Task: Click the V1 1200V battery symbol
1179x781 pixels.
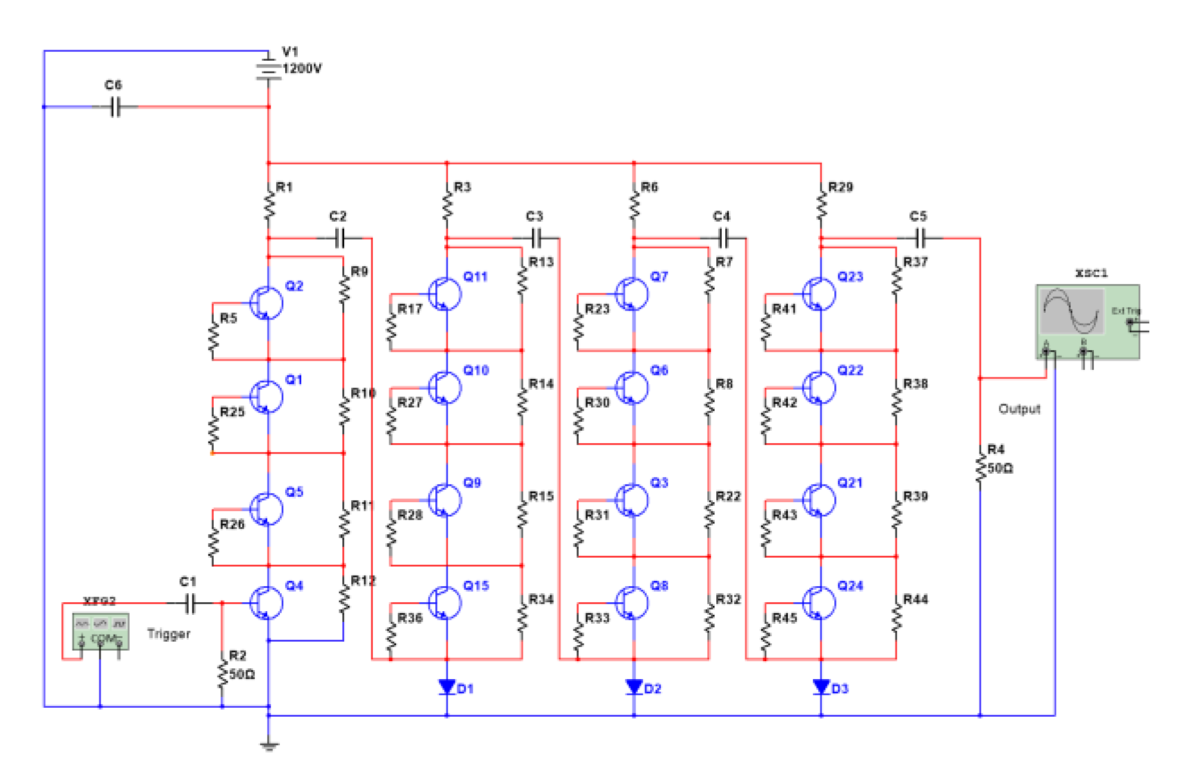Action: tap(269, 68)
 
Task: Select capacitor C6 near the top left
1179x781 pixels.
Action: tap(116, 107)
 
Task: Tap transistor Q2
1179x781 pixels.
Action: tap(266, 303)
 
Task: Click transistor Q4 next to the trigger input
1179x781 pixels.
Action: tap(266, 602)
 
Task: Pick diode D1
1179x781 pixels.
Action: tap(447, 687)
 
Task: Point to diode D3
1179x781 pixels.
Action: tap(821, 687)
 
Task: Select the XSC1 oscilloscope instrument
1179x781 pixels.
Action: tap(1087, 322)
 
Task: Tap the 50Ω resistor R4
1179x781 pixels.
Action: tap(980, 467)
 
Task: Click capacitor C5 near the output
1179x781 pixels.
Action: tap(920, 238)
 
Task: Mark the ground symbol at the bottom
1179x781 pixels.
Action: tap(269, 745)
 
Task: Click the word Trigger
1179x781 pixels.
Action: tap(169, 633)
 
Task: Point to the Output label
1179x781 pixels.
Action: tap(1019, 409)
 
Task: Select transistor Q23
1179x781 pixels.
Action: tap(819, 293)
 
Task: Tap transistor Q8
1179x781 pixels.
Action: tap(632, 602)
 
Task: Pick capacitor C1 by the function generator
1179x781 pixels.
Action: tap(189, 603)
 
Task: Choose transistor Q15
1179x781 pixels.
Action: tap(445, 602)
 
